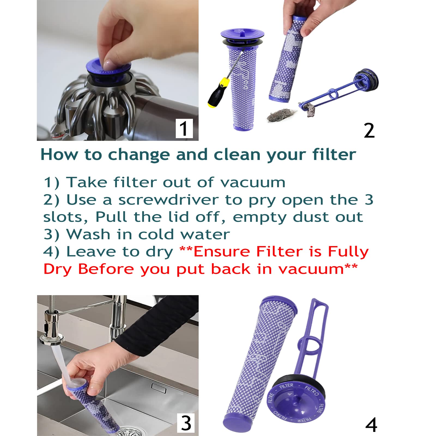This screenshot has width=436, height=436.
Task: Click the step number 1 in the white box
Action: pyautogui.click(x=184, y=128)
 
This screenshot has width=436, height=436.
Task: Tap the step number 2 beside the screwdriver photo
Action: pyautogui.click(x=369, y=131)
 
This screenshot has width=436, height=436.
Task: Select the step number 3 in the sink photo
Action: pyautogui.click(x=186, y=423)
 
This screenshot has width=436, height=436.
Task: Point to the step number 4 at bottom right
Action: pyautogui.click(x=371, y=425)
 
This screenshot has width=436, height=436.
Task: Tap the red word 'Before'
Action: pyautogui.click(x=106, y=269)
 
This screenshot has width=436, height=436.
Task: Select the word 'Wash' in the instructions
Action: pyautogui.click(x=88, y=234)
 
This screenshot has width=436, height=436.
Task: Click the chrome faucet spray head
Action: pyautogui.click(x=52, y=327)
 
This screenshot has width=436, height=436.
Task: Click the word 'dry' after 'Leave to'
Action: pyautogui.click(x=159, y=252)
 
